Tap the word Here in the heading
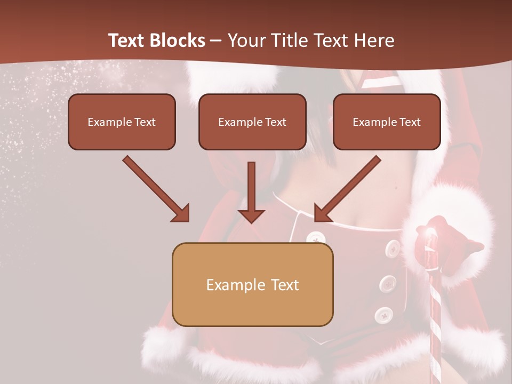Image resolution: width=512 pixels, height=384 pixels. [373, 41]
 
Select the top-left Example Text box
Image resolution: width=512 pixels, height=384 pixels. [122, 122]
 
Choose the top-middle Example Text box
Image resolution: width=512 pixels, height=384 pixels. [252, 122]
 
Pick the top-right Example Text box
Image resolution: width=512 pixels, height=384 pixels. [387, 122]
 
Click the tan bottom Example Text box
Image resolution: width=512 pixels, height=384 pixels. [252, 284]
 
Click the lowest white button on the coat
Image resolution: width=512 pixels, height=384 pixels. [383, 315]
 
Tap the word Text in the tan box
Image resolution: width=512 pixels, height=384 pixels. [285, 285]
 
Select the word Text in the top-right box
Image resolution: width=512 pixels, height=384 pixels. [410, 122]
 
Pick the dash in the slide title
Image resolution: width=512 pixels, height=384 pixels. [217, 41]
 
